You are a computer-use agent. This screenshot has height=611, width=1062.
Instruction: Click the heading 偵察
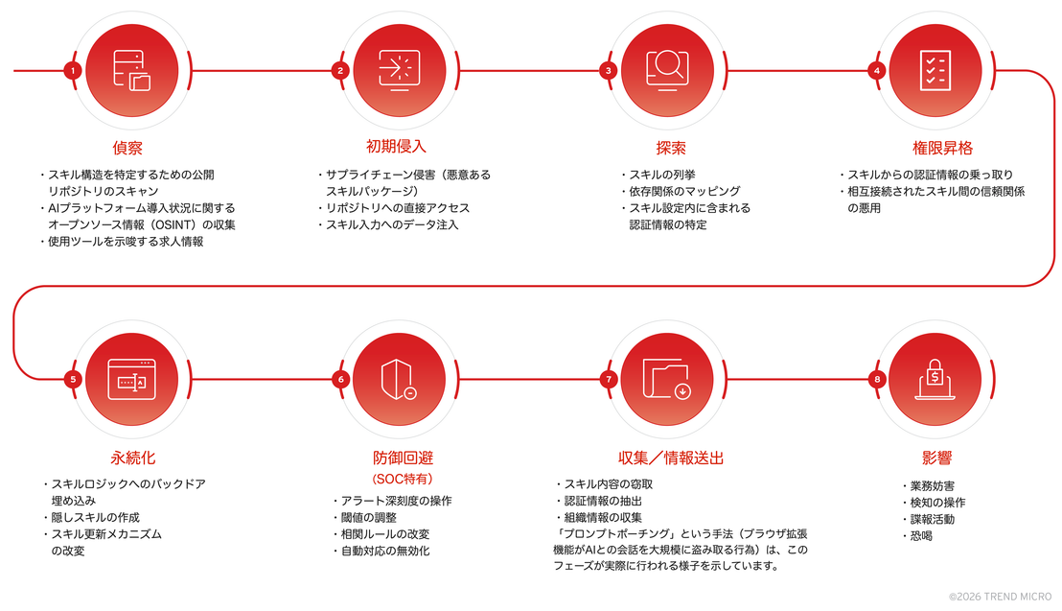(x=127, y=148)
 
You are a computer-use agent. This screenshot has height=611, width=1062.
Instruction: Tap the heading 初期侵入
(x=396, y=147)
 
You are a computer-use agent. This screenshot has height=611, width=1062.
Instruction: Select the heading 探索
(x=671, y=148)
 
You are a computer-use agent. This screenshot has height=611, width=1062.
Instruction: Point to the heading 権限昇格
(x=942, y=148)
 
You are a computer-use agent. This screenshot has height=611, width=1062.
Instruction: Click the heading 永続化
(x=132, y=458)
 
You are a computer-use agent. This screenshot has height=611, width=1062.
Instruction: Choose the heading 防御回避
(x=403, y=458)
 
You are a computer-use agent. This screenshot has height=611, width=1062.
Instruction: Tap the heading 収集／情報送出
(x=671, y=458)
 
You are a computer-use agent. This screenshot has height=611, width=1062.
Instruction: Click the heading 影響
(x=936, y=458)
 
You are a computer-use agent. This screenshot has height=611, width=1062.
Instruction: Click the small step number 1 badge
(x=73, y=71)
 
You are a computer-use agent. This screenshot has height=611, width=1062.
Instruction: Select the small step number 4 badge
(x=876, y=71)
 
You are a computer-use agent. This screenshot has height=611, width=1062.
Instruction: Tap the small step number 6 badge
(x=340, y=379)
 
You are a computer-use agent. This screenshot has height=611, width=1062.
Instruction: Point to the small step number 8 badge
(x=877, y=379)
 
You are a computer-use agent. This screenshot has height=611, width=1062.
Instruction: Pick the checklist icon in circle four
(x=935, y=71)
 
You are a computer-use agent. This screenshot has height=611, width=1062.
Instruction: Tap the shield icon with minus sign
(x=399, y=380)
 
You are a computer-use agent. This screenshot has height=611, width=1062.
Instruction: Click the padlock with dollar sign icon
(x=935, y=380)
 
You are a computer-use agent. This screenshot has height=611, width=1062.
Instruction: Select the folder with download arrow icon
(x=667, y=379)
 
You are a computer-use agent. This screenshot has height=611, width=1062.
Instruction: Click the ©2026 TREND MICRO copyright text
(x=1000, y=597)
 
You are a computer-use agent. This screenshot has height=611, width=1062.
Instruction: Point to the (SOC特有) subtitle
(x=403, y=479)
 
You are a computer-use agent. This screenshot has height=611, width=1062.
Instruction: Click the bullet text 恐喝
(x=921, y=536)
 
